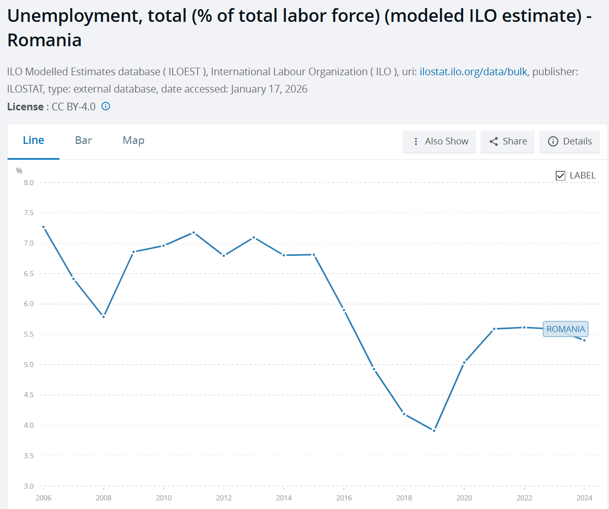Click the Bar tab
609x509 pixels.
83,140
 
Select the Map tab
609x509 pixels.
134,140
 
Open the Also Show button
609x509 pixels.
440,141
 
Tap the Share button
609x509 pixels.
508,141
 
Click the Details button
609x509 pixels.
570,141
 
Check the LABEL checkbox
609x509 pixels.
561,175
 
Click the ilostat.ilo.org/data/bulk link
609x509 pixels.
474,72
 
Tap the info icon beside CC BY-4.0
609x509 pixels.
106,106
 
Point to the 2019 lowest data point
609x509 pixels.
434,430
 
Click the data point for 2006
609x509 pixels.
43,227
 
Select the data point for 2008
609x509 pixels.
104,316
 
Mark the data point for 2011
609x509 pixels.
194,233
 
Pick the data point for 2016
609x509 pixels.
344,310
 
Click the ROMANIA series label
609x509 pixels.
565,329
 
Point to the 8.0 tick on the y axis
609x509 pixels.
28,183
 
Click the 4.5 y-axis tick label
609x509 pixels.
28,395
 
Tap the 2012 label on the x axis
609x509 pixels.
223,497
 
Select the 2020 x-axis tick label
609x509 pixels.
464,497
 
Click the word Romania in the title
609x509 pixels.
45,41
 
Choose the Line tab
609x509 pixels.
34,140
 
